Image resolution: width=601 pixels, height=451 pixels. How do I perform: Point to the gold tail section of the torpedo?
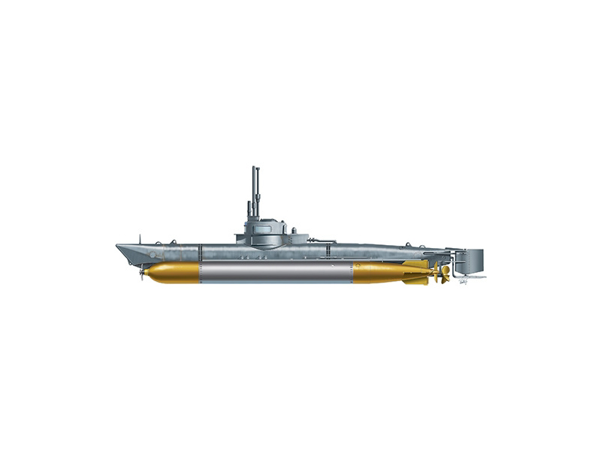tap(379, 272)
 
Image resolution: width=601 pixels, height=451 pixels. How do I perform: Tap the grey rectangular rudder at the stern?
tap(471, 261)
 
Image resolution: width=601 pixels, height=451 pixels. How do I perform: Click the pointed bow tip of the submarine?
tap(117, 246)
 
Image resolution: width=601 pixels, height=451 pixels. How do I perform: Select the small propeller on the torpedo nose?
tap(141, 274)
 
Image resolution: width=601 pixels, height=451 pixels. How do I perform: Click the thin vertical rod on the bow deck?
tap(140, 239)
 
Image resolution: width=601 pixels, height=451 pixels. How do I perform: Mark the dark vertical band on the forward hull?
tap(200, 253)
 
